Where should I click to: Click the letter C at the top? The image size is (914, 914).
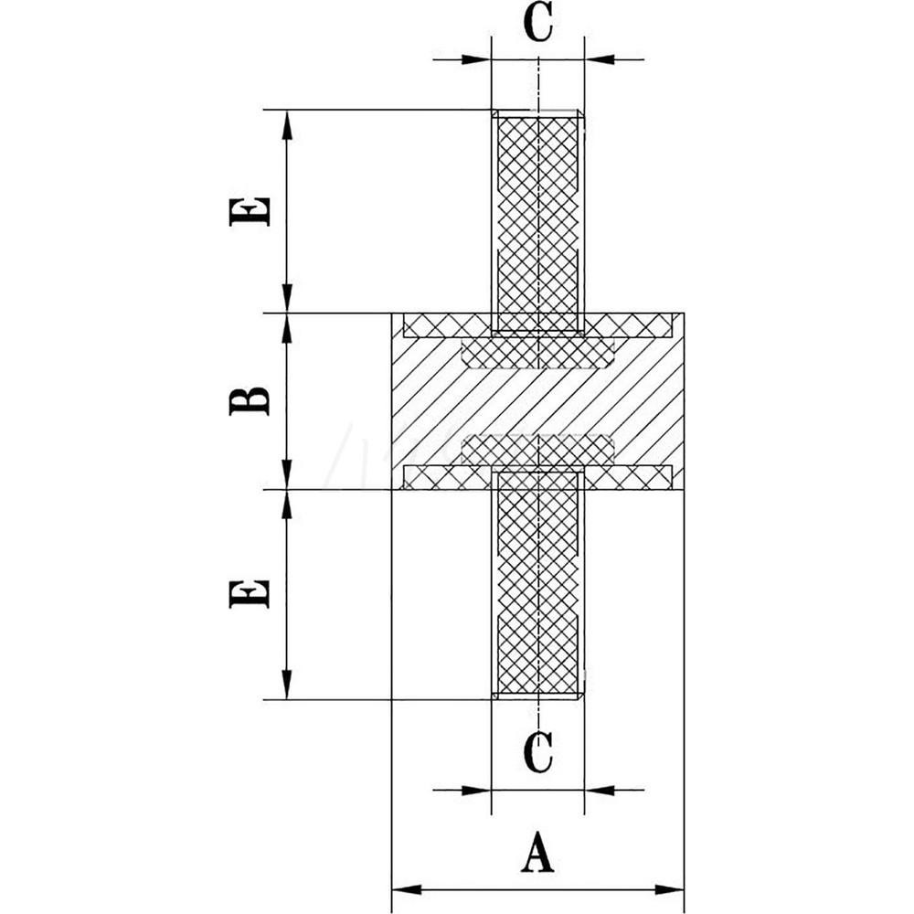coord(538,25)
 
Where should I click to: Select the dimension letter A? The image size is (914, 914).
coord(538,852)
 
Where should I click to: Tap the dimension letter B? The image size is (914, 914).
coord(250,400)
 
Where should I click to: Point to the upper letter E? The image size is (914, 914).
coord(250,210)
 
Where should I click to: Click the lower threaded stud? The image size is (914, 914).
coord(538,585)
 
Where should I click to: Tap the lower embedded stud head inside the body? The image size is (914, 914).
coord(538,449)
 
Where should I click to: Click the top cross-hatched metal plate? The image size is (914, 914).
coord(439,324)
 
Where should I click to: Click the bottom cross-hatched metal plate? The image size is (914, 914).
coord(439,476)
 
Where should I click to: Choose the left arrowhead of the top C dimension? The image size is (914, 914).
coord(478,60)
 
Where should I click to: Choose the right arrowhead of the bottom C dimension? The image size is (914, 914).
coord(598,790)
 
